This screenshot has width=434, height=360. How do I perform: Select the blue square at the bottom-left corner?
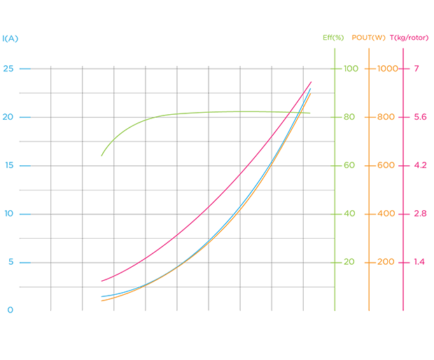(x=8, y=308)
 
